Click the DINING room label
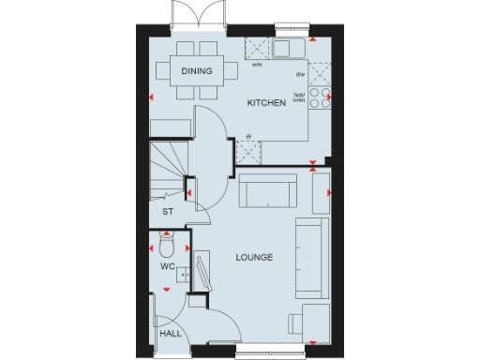(x=197, y=71)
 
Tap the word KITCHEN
(x=265, y=104)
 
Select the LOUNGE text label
(x=254, y=257)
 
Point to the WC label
(x=168, y=267)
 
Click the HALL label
(x=170, y=333)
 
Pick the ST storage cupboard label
(x=168, y=212)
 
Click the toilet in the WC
(x=166, y=246)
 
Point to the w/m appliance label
(x=257, y=66)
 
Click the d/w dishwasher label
(x=300, y=73)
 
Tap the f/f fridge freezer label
(x=248, y=137)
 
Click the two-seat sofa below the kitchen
(x=267, y=193)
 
